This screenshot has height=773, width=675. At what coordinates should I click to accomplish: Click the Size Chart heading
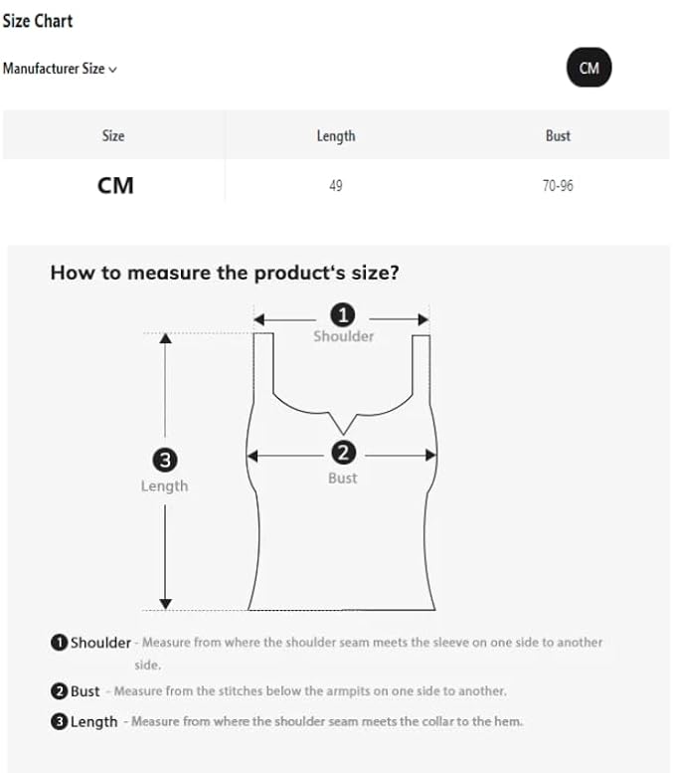[x=38, y=20]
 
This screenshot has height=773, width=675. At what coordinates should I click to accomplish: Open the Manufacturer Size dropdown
[x=60, y=69]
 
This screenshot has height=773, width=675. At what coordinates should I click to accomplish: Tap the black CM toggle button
[x=590, y=68]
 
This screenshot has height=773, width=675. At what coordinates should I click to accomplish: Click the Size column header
[x=113, y=135]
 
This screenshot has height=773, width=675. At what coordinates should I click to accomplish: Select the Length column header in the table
[x=336, y=135]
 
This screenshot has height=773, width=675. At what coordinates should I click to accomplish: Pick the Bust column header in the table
[x=558, y=135]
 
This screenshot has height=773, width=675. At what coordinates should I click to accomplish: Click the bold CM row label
[x=115, y=185]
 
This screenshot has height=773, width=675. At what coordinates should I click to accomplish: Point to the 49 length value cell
[x=336, y=186]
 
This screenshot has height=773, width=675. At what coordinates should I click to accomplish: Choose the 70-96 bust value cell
[x=558, y=186]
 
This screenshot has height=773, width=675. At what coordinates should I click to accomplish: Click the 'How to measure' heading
[x=225, y=273]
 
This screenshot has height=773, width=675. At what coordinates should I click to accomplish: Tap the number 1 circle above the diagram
[x=343, y=315]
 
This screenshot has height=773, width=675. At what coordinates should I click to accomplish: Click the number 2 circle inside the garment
[x=343, y=453]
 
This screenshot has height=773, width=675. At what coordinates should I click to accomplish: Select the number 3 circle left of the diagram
[x=165, y=460]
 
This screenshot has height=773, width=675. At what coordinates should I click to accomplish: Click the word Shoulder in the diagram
[x=344, y=336]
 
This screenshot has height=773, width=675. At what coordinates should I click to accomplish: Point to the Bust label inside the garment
[x=343, y=478]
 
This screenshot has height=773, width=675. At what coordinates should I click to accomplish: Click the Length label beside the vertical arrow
[x=165, y=485]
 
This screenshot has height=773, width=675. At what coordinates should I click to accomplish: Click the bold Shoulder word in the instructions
[x=100, y=643]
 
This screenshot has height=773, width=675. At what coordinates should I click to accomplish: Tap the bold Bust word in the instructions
[x=85, y=690]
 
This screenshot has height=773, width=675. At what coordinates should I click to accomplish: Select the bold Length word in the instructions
[x=93, y=721]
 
